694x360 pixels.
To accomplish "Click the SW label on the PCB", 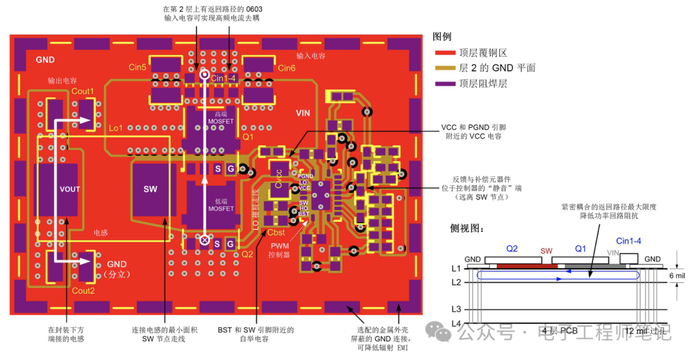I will pos(150,190).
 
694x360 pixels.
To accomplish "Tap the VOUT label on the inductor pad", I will pos(69,190).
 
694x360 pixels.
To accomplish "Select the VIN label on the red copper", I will pos(303,113).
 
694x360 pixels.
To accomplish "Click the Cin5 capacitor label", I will pos(138,67).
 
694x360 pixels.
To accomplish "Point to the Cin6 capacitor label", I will pos(287,68).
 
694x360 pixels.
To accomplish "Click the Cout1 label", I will pos(82,91).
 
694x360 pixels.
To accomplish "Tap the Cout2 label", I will pos(83,291).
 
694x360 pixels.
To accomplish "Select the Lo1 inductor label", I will pos(116,128).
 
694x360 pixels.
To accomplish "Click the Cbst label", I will pos(276,233).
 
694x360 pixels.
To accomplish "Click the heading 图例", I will pos(445,37).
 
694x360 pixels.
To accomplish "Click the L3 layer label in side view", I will pos(456,310).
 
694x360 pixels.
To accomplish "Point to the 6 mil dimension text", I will pos(677,275).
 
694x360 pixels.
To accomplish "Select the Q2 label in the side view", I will pos(512,249).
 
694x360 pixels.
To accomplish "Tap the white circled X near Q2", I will pos(204,240).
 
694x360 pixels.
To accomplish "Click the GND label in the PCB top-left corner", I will pos(45,60).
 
